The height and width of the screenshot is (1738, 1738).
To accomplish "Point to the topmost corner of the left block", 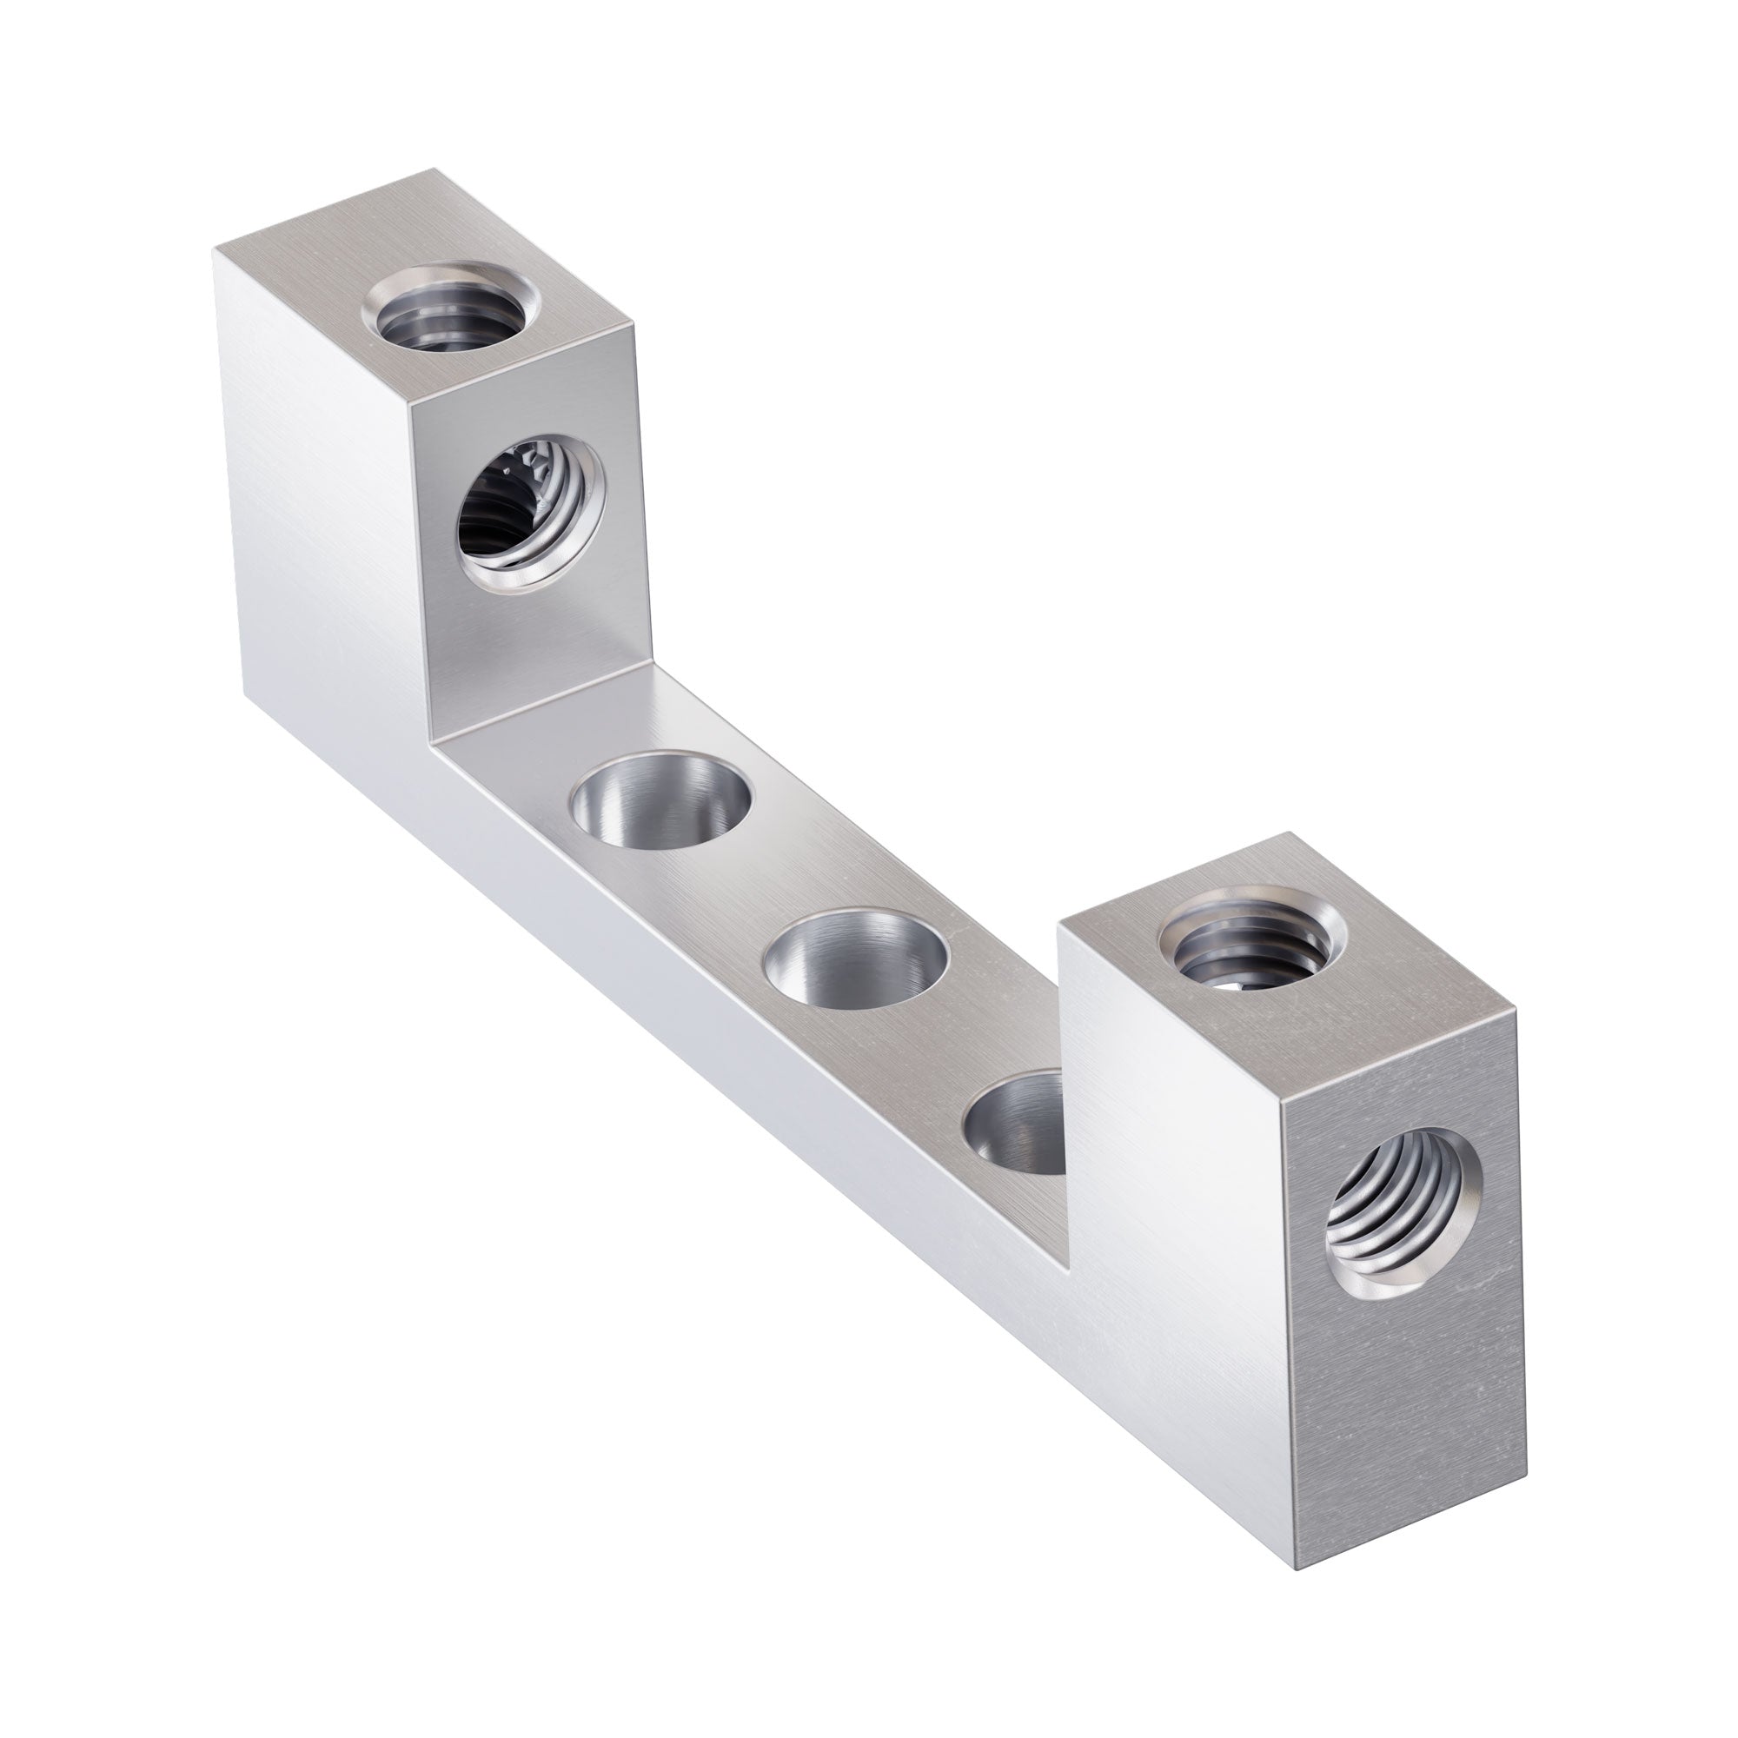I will click(x=438, y=169).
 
